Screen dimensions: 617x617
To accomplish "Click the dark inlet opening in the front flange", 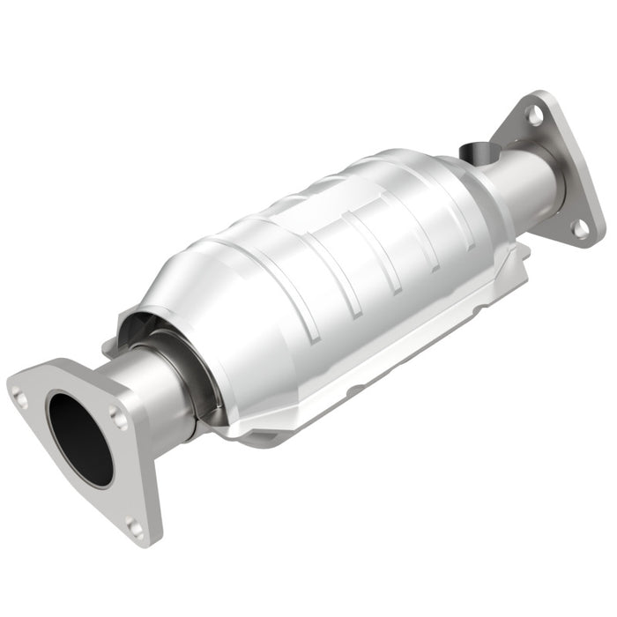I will click(80, 438).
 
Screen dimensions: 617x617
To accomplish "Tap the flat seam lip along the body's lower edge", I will click(370, 388).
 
